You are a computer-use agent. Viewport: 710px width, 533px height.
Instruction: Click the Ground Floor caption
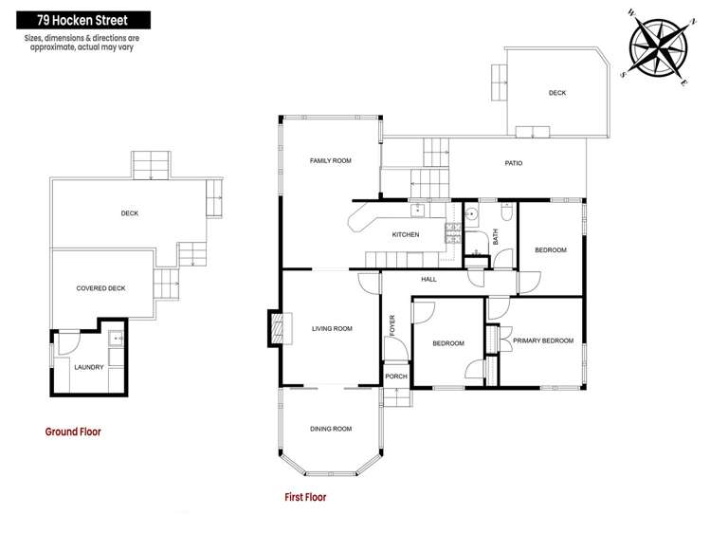73,432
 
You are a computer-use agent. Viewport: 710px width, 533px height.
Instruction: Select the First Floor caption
305,496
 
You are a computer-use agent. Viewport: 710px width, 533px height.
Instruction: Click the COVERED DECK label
100,288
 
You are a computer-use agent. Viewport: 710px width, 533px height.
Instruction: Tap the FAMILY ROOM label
330,161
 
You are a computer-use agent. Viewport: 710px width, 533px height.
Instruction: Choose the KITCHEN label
406,234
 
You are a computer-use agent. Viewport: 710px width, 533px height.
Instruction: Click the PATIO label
513,163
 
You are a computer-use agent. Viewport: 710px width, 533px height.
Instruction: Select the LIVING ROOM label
331,329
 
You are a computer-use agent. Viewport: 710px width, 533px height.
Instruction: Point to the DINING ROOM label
330,429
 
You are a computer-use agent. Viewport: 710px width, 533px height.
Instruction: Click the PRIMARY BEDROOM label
542,340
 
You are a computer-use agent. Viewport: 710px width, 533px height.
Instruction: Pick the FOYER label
391,324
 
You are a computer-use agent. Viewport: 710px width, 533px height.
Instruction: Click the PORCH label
396,377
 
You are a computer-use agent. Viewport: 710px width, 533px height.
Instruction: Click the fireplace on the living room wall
276,328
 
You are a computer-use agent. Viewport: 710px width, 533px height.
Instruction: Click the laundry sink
116,338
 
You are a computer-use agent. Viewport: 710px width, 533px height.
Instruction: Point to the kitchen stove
452,231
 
